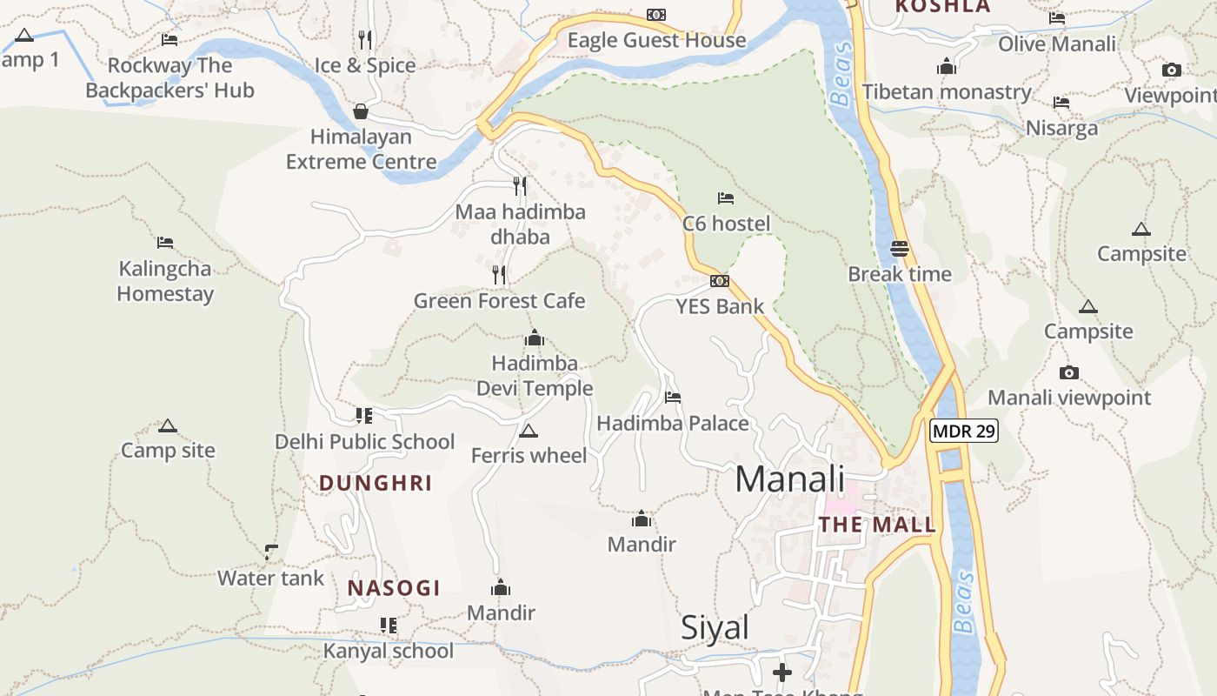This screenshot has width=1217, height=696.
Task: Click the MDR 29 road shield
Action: point(964,430)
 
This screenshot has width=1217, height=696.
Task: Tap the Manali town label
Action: point(789,479)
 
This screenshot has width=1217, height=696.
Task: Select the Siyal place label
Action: point(715,627)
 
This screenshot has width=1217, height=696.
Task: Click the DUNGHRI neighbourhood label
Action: point(376,483)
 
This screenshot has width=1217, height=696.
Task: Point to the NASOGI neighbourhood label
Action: point(394,588)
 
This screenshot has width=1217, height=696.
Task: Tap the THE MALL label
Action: point(877,525)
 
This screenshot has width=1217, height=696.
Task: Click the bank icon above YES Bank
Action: point(719,281)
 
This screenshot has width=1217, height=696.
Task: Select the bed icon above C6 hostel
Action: point(726,198)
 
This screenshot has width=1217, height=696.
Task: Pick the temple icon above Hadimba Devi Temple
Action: point(534,338)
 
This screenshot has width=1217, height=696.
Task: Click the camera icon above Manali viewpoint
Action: point(1069,372)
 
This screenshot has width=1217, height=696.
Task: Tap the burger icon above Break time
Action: point(900,249)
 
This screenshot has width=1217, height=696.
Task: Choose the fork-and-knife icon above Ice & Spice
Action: point(365,40)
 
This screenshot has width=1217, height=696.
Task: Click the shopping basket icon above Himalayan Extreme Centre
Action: point(361,111)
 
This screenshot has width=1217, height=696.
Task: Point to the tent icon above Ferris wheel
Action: point(528,431)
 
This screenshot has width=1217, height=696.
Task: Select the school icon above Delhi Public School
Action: point(363,416)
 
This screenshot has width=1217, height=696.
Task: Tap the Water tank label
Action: point(270,578)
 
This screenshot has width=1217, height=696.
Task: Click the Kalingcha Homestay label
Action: point(165,281)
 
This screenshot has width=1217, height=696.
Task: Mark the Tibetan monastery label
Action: point(947,92)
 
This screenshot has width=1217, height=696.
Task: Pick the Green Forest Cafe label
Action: point(499,301)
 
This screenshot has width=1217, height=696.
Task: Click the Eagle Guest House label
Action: point(656,40)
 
